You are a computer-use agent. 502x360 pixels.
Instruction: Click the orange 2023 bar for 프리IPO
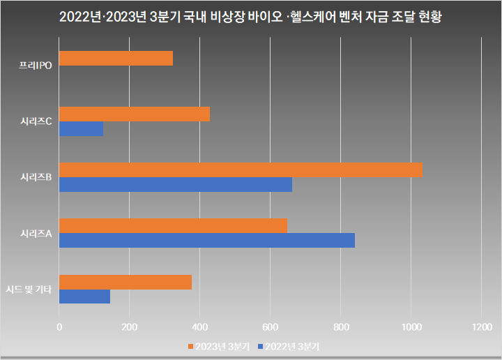[116, 59]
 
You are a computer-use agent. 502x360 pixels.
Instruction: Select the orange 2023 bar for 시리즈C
[135, 114]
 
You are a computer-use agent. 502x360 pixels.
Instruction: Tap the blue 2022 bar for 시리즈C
[81, 129]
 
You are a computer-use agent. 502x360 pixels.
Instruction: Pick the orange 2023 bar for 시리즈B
[241, 170]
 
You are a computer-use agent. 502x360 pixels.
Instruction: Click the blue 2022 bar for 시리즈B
[176, 185]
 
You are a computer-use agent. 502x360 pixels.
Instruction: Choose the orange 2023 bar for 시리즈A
[173, 226]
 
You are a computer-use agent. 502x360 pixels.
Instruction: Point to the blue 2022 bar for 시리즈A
[207, 241]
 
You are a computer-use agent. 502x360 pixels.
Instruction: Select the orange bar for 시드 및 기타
[125, 282]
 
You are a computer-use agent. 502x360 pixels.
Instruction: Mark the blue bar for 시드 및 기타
[84, 297]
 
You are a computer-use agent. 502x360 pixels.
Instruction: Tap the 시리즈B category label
[36, 178]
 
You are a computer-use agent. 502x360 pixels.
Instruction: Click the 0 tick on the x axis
[59, 327]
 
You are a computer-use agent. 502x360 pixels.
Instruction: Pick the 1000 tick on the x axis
[411, 327]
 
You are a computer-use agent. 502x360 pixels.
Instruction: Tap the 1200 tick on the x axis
[481, 327]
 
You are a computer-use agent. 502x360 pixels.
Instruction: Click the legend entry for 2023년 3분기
[218, 346]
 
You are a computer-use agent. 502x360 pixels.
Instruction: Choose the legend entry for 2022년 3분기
[289, 346]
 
